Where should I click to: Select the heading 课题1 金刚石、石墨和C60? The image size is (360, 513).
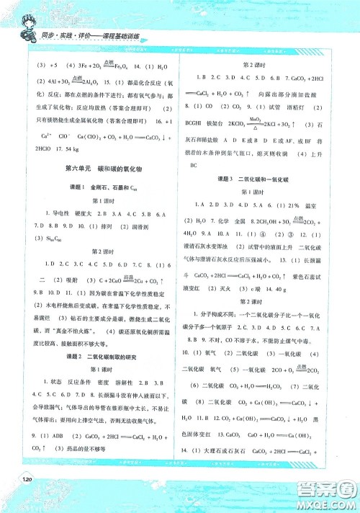pyautogui.click(x=96, y=187)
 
